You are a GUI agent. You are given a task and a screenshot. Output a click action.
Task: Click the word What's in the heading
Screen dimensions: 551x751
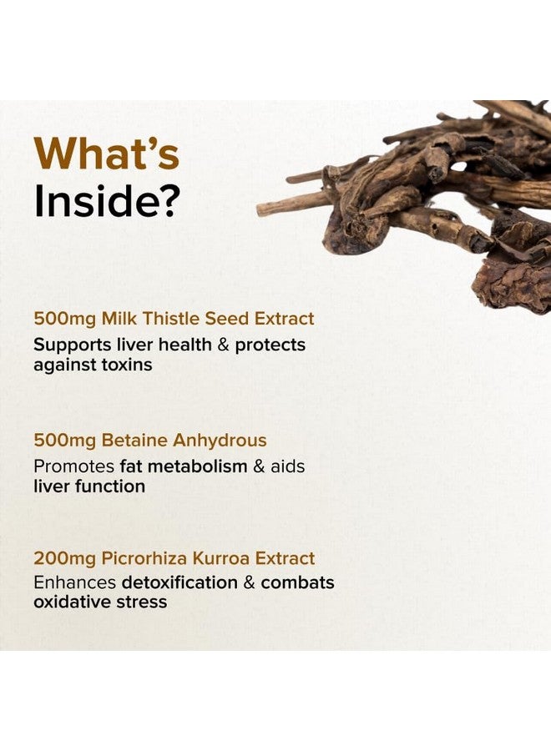pyautogui.click(x=106, y=154)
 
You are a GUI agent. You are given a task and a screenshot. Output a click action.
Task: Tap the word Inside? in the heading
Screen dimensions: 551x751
pyautogui.click(x=107, y=200)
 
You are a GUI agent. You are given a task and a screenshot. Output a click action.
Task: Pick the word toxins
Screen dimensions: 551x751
pyautogui.click(x=127, y=365)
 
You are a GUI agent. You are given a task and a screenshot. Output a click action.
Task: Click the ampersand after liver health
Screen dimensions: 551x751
pyautogui.click(x=223, y=345)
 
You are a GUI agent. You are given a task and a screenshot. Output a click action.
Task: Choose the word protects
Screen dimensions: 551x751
pyautogui.click(x=270, y=345)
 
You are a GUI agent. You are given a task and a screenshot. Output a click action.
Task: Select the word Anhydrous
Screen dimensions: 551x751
pyautogui.click(x=220, y=441)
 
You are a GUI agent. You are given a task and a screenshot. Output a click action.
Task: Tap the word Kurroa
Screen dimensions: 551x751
pyautogui.click(x=221, y=558)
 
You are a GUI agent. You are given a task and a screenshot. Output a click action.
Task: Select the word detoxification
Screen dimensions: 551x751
pyautogui.click(x=179, y=582)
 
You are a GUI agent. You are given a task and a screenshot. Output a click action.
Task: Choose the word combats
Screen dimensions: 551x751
pyautogui.click(x=297, y=582)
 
